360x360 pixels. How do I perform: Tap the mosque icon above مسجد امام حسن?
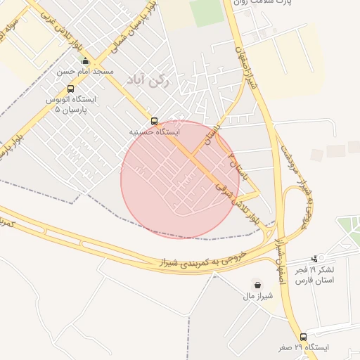[86, 61]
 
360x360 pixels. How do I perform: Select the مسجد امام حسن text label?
[86, 72]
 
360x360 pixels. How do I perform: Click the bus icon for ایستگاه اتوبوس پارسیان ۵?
[70, 89]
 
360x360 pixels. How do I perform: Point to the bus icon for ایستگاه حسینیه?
[155, 120]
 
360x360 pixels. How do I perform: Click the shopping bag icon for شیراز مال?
[258, 285]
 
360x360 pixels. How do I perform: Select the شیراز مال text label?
[258, 296]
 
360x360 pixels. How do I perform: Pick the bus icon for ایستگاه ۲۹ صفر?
[304, 337]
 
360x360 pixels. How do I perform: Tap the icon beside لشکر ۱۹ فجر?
[314, 259]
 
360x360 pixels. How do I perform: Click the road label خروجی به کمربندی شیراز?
[204, 260]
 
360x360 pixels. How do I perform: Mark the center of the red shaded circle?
[180, 179]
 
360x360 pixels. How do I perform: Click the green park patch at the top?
[205, 11]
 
